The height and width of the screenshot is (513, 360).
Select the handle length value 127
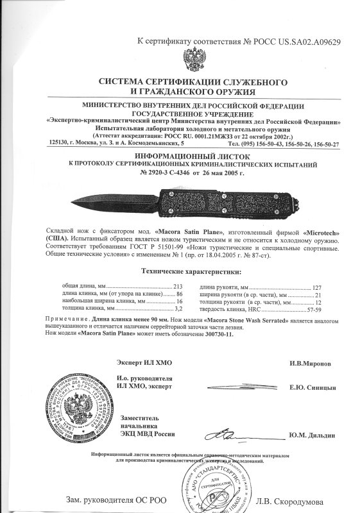pos(316,286)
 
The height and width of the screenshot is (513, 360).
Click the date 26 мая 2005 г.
pos(219,172)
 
